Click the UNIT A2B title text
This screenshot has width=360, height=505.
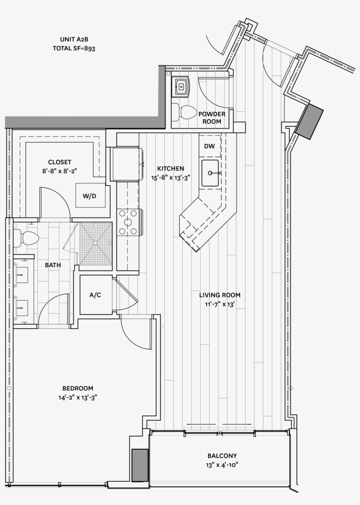point(74,39)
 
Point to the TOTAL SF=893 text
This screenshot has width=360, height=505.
point(74,48)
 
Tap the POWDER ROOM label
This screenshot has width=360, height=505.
point(212,118)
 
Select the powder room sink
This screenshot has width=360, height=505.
point(181,86)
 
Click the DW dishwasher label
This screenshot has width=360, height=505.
point(209,146)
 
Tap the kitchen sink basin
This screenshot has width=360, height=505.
point(210,173)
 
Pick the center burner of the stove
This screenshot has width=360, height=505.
point(128,222)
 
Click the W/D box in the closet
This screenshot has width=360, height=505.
point(90,196)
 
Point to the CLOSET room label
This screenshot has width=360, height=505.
point(60,162)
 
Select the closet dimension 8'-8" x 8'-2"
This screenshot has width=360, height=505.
point(60,171)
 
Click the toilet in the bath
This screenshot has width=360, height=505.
point(26,238)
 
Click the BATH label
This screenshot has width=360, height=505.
point(53,265)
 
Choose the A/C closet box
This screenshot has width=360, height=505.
point(95,295)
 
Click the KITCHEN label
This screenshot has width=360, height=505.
point(171,168)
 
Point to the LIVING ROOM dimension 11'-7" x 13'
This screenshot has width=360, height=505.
point(220,304)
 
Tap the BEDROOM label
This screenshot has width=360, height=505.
point(78,388)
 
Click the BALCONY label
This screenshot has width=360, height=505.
point(222,456)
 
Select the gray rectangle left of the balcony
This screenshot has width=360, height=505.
point(140,466)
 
